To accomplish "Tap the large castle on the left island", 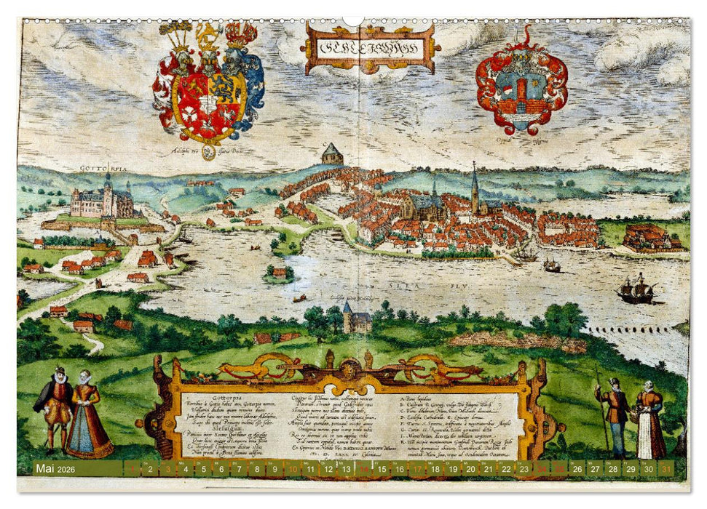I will coord(102,201).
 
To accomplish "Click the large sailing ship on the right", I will coord(636,289).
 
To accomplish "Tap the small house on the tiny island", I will coord(279,273).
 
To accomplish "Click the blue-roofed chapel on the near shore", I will coord(356,319).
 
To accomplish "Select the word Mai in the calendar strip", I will coord(44,469).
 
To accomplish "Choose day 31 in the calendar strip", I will coord(664,470).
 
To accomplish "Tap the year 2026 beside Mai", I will coord(68,469).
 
